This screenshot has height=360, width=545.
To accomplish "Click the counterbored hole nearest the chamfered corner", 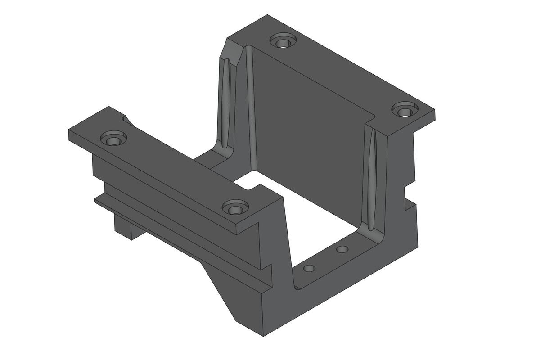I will (x=284, y=42).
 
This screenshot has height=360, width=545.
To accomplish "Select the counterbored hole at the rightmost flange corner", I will (x=405, y=111).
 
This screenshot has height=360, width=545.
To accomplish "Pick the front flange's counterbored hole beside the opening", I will (x=235, y=208).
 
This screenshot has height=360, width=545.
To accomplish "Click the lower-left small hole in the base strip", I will (x=309, y=269).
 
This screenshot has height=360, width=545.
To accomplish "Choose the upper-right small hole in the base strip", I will (x=342, y=249).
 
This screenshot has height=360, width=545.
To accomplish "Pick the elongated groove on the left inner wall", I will (x=227, y=103).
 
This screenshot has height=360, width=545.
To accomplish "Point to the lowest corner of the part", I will (x=263, y=336).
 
